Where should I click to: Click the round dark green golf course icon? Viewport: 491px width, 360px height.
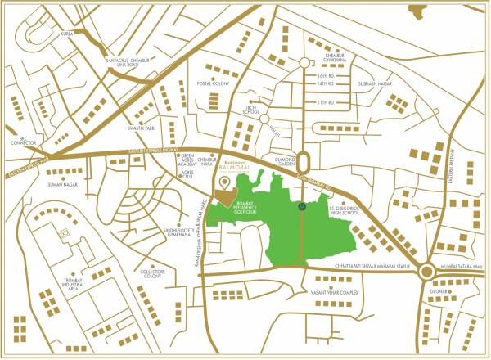pyautogui.click(x=302, y=207)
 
